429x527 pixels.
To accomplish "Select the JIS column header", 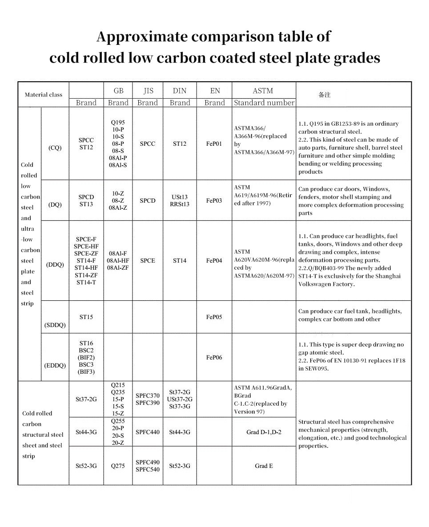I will click(x=148, y=91).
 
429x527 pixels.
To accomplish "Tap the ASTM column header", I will click(x=263, y=91).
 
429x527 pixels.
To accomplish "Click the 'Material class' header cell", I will click(x=44, y=95).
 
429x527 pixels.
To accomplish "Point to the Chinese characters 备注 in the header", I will click(x=325, y=95).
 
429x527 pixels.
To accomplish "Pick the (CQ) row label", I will click(x=55, y=148).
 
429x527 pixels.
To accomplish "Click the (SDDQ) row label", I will click(x=55, y=325).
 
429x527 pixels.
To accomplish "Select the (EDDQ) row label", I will click(x=55, y=365).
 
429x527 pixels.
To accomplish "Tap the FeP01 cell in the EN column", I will click(x=214, y=144).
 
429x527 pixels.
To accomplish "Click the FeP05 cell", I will click(x=214, y=317).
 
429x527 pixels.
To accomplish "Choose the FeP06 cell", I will click(x=214, y=357).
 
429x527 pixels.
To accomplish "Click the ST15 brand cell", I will click(x=86, y=317).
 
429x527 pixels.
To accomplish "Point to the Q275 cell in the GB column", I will click(x=118, y=466).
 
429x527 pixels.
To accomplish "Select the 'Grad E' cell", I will click(x=264, y=466).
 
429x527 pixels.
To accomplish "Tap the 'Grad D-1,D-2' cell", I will click(x=264, y=432).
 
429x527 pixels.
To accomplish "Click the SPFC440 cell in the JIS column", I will click(x=148, y=432).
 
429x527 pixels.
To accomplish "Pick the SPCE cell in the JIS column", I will click(x=148, y=261).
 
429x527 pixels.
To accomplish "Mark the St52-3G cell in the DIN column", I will click(x=180, y=466).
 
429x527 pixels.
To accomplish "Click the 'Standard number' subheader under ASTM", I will click(x=264, y=103).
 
